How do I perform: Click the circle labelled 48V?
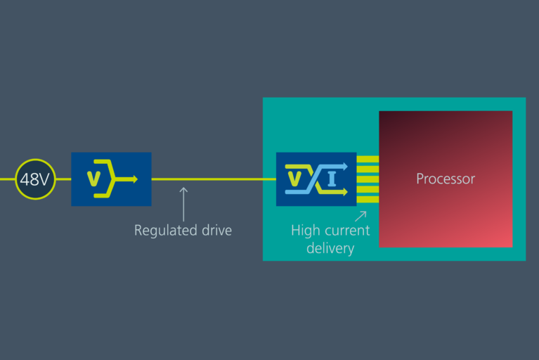tap(34, 179)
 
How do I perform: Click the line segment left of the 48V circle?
tap(7, 179)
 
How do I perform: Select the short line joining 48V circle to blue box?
tap(63, 179)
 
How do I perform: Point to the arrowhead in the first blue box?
tap(133, 179)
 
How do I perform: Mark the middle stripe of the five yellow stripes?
tap(368, 179)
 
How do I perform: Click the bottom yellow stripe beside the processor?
tap(368, 200)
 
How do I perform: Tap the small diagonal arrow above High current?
tap(361, 216)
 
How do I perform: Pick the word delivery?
tap(330, 248)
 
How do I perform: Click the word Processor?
tap(446, 179)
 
